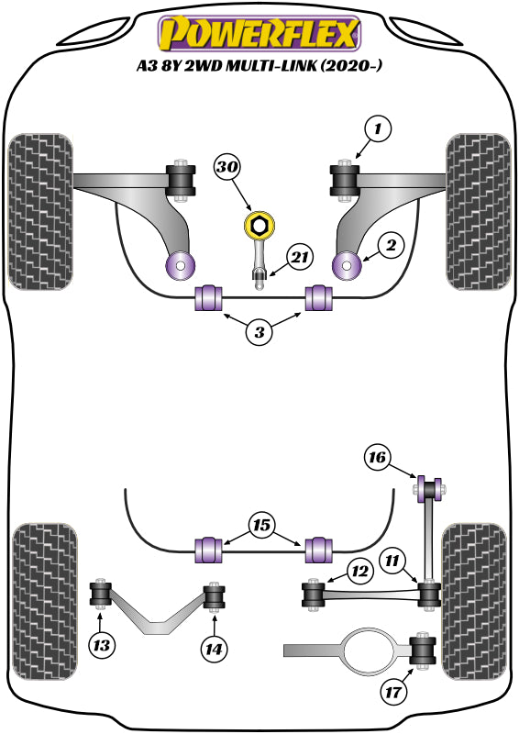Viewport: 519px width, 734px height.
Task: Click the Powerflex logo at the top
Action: (259, 33)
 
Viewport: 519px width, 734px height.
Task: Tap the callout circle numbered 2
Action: (391, 245)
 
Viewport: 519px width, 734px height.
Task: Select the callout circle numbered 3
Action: (259, 332)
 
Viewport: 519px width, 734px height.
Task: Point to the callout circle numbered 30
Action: (226, 167)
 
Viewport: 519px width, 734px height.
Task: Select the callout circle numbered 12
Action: (358, 573)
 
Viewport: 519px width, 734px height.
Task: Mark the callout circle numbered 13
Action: (104, 646)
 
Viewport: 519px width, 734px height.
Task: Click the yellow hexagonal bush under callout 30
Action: (259, 224)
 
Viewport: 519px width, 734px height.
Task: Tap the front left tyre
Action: (40, 210)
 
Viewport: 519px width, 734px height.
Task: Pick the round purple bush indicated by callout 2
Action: (348, 266)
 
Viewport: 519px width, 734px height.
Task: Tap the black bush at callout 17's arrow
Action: (425, 652)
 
